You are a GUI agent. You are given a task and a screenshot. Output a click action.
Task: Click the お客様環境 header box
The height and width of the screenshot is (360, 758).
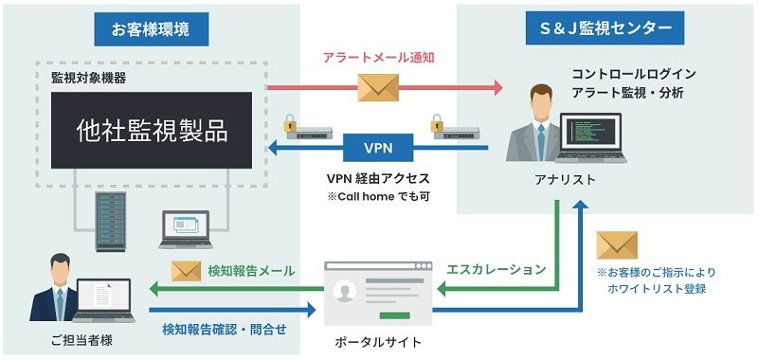[x=151, y=29]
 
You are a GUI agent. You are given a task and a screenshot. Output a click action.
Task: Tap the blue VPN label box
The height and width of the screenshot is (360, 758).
[x=377, y=148]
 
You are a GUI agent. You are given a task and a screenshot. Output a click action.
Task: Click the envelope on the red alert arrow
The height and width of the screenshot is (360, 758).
[x=379, y=88]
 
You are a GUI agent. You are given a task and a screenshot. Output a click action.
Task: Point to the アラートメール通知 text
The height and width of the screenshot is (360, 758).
[x=378, y=58]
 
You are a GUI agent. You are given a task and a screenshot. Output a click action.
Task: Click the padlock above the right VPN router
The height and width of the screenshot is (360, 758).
[x=437, y=123]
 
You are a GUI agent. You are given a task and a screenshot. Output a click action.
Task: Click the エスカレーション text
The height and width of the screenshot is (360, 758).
[x=496, y=269]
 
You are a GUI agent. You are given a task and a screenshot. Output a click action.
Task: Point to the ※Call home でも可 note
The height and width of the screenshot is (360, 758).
[x=377, y=196]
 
